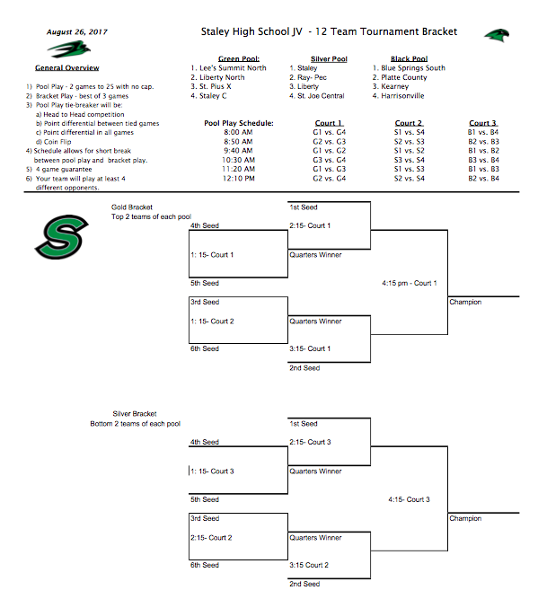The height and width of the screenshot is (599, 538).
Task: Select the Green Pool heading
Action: [238, 58]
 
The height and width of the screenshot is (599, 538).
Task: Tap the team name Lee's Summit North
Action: [232, 67]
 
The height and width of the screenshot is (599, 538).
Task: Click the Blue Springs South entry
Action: [412, 67]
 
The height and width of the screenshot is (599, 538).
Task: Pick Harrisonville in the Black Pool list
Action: [405, 95]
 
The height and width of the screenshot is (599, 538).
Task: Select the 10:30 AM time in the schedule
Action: [237, 160]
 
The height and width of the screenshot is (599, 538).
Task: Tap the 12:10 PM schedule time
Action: [237, 179]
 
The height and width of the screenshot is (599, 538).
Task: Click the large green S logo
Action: [62, 235]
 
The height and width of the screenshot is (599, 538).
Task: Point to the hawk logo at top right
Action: [497, 35]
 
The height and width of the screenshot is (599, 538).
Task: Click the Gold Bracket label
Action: [131, 207]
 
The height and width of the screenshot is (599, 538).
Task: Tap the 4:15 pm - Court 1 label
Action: [410, 283]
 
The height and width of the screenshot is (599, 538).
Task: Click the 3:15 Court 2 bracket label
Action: [309, 565]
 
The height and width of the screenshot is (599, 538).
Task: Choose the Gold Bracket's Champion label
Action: [465, 303]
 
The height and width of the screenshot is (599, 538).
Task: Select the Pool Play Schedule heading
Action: [238, 123]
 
